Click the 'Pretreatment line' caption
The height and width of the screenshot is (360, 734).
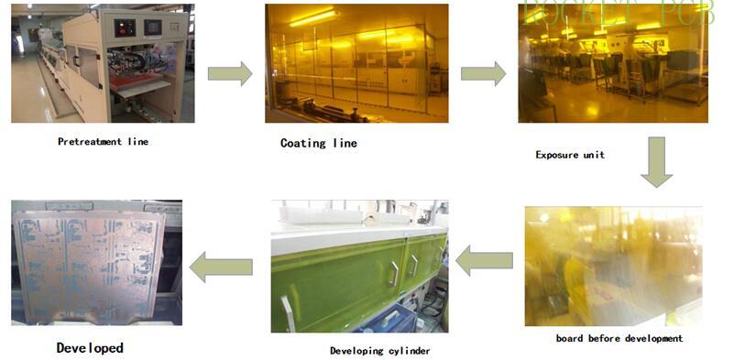pos(103,142)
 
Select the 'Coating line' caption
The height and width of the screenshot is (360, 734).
pos(318,144)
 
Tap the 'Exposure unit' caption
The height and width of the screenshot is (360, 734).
pos(570,155)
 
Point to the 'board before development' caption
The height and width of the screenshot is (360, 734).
pos(619,339)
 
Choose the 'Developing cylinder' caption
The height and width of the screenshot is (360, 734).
pos(379,351)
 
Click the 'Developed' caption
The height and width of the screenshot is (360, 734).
pos(90,348)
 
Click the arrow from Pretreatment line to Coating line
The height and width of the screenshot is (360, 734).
pos(229,73)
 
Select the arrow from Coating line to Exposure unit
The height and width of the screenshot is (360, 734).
pos(483,73)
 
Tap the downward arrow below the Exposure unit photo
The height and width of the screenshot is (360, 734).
pos(657,161)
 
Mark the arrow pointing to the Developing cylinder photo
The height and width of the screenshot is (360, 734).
pos(484,261)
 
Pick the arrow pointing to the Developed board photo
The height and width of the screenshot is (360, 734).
pos(221,267)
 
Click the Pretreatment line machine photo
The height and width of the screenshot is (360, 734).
pos(102,64)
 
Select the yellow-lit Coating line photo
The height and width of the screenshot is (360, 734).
pos(356,63)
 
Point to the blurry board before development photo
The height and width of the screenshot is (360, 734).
pos(613,266)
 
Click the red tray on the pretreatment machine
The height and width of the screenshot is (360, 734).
pos(137,84)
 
